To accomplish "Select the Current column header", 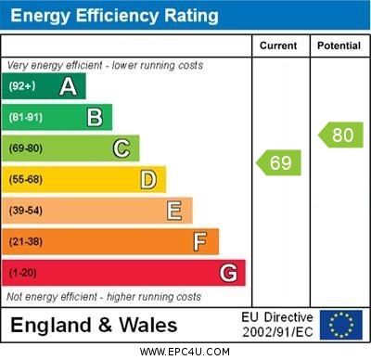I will tap(278, 45).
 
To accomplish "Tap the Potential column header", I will tap(339, 45).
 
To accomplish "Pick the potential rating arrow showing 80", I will tap(340, 135).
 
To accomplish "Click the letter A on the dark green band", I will tap(68, 86).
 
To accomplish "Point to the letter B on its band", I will tap(95, 117).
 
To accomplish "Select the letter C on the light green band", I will tap(122, 148).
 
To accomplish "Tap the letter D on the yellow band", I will tap(148, 179).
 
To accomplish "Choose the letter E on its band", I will tap(174, 211).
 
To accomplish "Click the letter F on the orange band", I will tap(200, 241).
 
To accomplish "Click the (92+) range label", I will tap(23, 86).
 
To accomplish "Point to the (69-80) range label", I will tap(26, 148).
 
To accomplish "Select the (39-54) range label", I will tap(26, 211).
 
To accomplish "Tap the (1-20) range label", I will tap(23, 273).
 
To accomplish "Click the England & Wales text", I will tap(94, 325).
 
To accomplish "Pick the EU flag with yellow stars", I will tap(341, 325).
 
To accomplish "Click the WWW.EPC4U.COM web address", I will tap(185, 352).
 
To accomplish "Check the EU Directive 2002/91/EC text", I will tap(277, 325).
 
